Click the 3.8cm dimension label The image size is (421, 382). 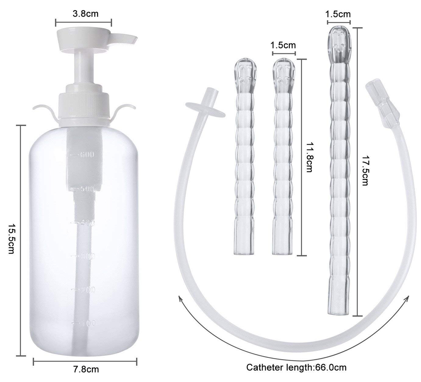[85, 14]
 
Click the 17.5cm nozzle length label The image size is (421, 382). [365, 171]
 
